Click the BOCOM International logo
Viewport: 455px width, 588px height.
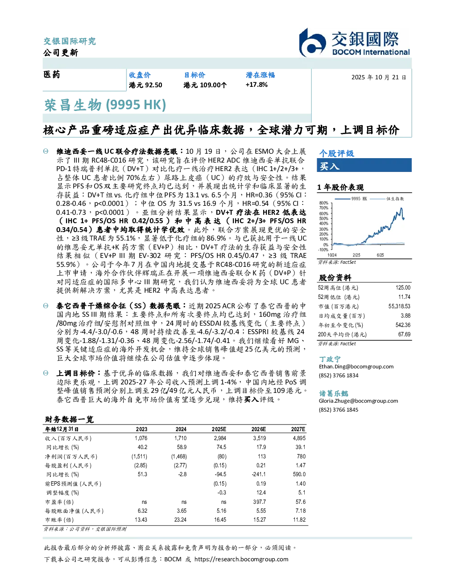(x=354, y=42)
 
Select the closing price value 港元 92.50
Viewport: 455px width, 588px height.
(x=145, y=85)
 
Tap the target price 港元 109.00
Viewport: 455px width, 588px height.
(x=205, y=85)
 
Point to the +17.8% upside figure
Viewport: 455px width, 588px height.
(x=256, y=85)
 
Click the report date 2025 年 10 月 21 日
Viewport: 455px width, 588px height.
(x=379, y=78)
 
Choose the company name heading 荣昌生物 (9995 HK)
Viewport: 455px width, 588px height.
(x=105, y=105)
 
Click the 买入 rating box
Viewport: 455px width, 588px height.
(x=364, y=165)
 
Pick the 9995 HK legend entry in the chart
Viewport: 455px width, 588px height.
(x=351, y=199)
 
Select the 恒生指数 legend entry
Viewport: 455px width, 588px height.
(x=387, y=199)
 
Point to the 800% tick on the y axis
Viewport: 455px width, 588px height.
(x=324, y=203)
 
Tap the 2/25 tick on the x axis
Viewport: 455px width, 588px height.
(x=356, y=255)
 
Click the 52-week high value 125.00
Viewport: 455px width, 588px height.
(x=403, y=288)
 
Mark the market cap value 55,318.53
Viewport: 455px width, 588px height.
(x=399, y=306)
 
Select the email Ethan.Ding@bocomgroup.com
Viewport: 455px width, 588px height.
(x=356, y=367)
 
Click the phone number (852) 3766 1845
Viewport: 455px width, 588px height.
(x=339, y=410)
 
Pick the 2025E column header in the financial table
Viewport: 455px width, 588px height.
(x=219, y=429)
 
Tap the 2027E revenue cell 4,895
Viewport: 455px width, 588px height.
(x=299, y=438)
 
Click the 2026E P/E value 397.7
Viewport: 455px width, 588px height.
(x=260, y=502)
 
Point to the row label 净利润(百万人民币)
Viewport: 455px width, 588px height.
(x=71, y=457)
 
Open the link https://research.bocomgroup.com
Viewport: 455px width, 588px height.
(x=241, y=559)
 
